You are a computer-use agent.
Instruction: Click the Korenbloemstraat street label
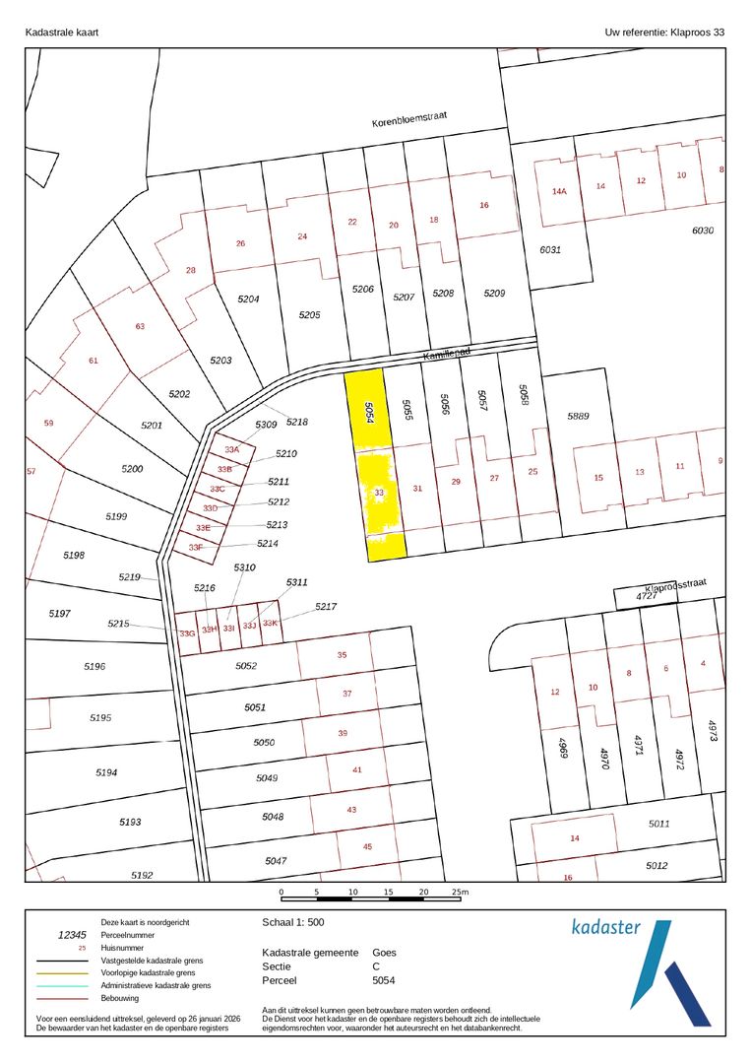409,119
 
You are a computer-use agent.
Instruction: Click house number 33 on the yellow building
379,492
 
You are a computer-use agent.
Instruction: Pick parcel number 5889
578,416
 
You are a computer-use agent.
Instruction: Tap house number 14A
560,191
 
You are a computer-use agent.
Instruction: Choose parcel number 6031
550,249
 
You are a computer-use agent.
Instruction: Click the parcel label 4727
646,597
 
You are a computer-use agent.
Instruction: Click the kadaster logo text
606,927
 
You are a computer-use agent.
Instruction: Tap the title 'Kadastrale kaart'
61,33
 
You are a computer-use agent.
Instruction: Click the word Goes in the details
384,953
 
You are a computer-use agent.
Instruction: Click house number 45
367,846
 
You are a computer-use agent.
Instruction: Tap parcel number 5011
658,824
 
